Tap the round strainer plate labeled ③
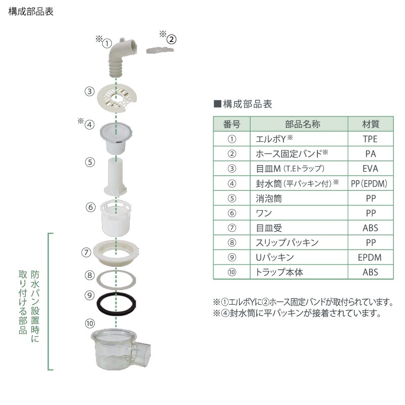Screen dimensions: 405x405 pos(117,96)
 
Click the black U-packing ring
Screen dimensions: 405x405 pos(117,302)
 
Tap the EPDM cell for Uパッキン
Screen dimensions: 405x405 pos(371,258)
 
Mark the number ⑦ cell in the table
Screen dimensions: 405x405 pos(231,228)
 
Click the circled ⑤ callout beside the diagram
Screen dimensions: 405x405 pos(90,163)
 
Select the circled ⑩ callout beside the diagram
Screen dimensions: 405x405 pos(90,322)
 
